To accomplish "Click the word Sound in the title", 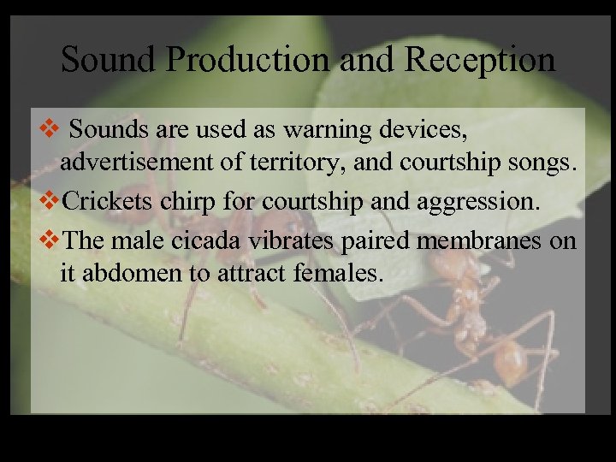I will click(x=106, y=60).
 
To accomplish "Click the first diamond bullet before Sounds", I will click(x=50, y=131).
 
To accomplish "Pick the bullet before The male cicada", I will click(x=51, y=241).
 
